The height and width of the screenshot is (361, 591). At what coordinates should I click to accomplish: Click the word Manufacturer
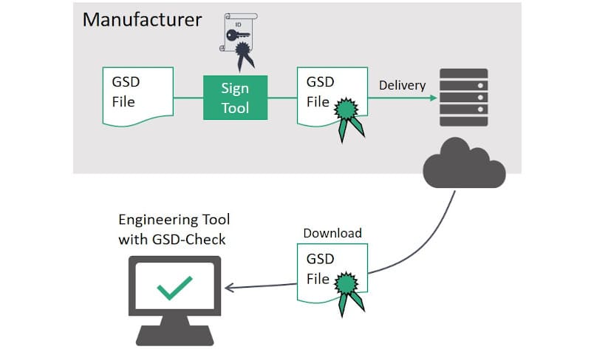point(142,18)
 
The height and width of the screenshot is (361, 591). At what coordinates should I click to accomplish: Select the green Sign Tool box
point(235,97)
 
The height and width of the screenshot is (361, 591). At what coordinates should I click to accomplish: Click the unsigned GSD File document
point(137,95)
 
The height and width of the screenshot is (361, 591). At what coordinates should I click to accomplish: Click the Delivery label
point(402,85)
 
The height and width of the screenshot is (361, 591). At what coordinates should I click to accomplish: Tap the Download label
point(332,233)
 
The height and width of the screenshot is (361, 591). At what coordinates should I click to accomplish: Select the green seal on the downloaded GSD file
point(347,284)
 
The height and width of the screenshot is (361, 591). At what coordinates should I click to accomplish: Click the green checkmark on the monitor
point(174,288)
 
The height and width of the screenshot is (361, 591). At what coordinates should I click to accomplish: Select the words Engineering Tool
point(174,220)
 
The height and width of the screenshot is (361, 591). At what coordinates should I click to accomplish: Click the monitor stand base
point(174,338)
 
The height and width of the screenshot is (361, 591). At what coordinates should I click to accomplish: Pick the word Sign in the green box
point(235,88)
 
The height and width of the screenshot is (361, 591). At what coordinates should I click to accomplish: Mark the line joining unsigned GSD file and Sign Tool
point(189,97)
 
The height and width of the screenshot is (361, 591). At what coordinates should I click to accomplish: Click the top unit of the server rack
point(463,74)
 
